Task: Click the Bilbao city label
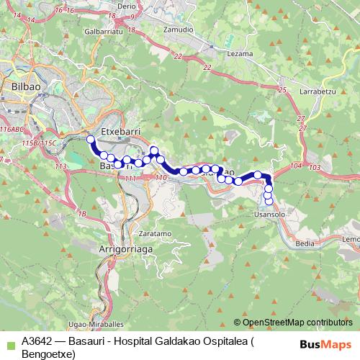[x=24, y=87]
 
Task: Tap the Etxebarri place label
[x=120, y=132]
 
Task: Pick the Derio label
[x=126, y=5]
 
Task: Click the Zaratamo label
[x=154, y=234]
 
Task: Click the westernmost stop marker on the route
[x=90, y=140]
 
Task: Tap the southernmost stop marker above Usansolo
[x=269, y=200]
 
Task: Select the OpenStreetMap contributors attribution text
[x=297, y=322]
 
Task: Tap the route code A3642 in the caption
[x=37, y=343]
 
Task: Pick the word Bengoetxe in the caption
[x=46, y=354]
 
